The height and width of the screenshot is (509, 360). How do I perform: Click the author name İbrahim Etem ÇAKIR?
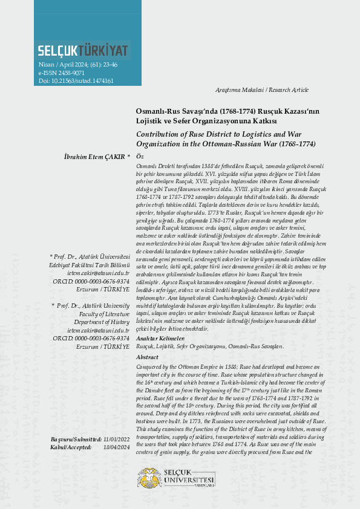pos(94,156)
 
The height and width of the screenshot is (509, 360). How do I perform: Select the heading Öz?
pos(140,156)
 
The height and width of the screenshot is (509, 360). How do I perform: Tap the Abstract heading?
pos(148,357)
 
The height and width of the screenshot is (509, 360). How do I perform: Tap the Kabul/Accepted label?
pos(71,447)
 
